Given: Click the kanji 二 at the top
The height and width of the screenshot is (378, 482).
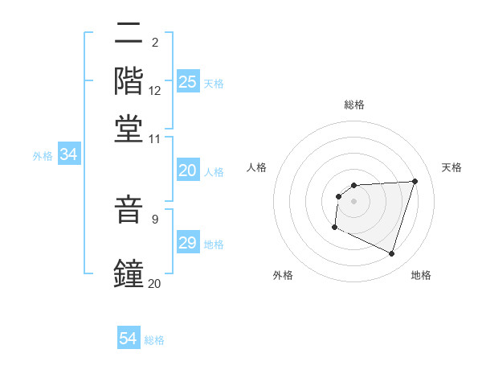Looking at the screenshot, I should point(129,35).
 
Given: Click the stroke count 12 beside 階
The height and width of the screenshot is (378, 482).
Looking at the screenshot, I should point(155,91).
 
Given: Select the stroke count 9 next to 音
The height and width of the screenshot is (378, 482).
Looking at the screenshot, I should point(155,218).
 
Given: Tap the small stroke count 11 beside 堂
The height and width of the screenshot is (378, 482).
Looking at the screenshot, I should point(155,138).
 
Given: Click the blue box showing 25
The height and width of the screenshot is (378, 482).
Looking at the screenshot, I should point(188,82).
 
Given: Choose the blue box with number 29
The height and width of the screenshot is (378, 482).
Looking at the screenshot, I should point(188,243).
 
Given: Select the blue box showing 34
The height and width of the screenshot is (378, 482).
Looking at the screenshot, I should point(68,155).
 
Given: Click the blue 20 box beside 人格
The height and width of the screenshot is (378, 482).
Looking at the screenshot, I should point(188,171).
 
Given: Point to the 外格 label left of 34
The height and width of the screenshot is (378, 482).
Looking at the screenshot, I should point(43,156).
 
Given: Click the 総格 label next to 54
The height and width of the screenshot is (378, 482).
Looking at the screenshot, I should point(154,340).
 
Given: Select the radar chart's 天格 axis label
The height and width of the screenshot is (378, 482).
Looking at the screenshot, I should point(451,167).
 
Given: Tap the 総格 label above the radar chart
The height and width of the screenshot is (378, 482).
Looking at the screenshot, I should point(354,105).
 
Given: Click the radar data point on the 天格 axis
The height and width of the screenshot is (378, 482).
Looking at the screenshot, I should point(415,181).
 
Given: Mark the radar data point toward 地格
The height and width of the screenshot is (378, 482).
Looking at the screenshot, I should point(391,254).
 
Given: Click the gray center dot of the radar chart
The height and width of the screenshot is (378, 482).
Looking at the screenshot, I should point(354,201).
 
